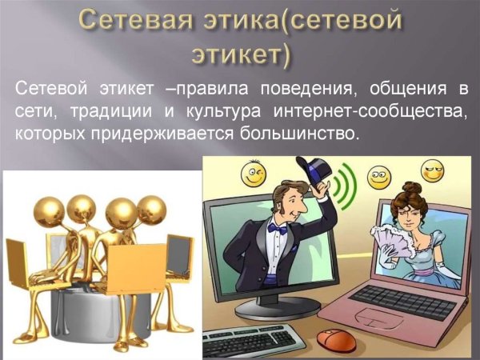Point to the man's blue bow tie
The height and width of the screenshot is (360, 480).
278,229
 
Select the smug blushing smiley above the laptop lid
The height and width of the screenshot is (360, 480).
433,170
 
